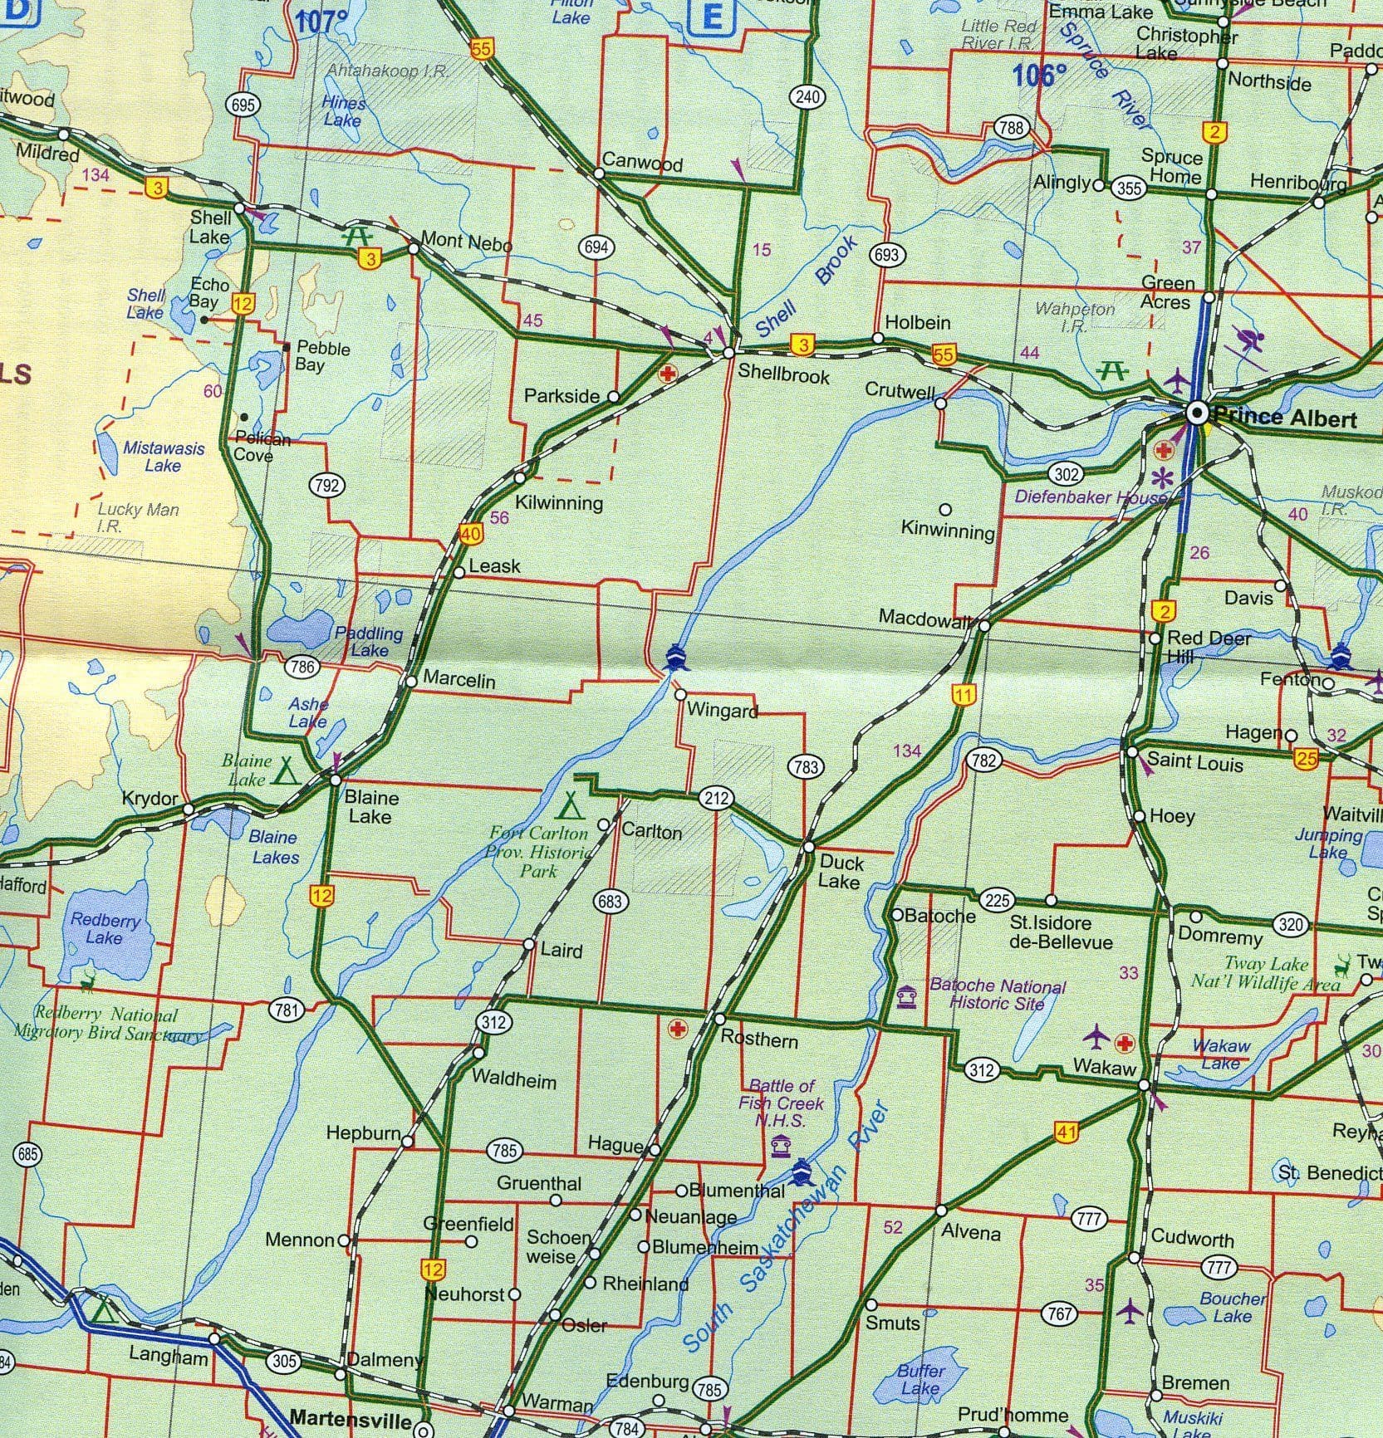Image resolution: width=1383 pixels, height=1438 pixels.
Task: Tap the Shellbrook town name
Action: click(x=783, y=374)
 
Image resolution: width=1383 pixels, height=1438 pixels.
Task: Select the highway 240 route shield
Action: click(x=807, y=97)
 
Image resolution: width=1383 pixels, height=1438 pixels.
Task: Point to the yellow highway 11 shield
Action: click(x=963, y=695)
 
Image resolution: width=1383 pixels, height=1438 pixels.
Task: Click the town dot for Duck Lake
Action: click(x=809, y=847)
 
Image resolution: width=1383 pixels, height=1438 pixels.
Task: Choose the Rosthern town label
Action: click(x=758, y=1039)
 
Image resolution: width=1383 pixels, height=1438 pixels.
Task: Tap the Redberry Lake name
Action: click(x=105, y=928)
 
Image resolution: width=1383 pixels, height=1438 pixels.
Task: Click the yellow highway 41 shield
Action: click(x=1067, y=1132)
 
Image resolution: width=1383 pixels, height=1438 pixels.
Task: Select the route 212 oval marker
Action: click(x=716, y=799)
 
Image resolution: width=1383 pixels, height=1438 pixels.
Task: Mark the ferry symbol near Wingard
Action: click(x=675, y=659)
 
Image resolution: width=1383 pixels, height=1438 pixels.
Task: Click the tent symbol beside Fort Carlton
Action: click(x=570, y=805)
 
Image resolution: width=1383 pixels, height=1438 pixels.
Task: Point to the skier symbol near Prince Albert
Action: click(x=1248, y=340)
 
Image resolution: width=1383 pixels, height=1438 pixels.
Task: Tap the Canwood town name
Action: click(x=641, y=162)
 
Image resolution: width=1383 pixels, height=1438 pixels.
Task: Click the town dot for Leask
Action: click(x=459, y=572)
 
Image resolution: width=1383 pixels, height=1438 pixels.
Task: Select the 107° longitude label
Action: click(x=321, y=22)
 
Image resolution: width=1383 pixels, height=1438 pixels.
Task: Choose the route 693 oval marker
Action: click(x=886, y=255)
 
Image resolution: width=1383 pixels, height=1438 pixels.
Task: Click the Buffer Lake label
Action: click(x=920, y=1380)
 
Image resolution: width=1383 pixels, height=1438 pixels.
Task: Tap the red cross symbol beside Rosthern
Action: click(x=678, y=1030)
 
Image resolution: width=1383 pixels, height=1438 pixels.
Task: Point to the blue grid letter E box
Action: click(x=712, y=17)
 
